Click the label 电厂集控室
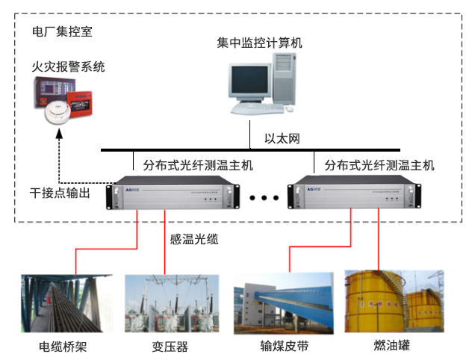[63, 33]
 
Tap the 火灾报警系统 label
[68, 67]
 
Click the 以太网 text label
[283, 139]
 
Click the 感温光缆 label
[194, 240]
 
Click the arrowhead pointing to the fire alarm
[60, 137]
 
